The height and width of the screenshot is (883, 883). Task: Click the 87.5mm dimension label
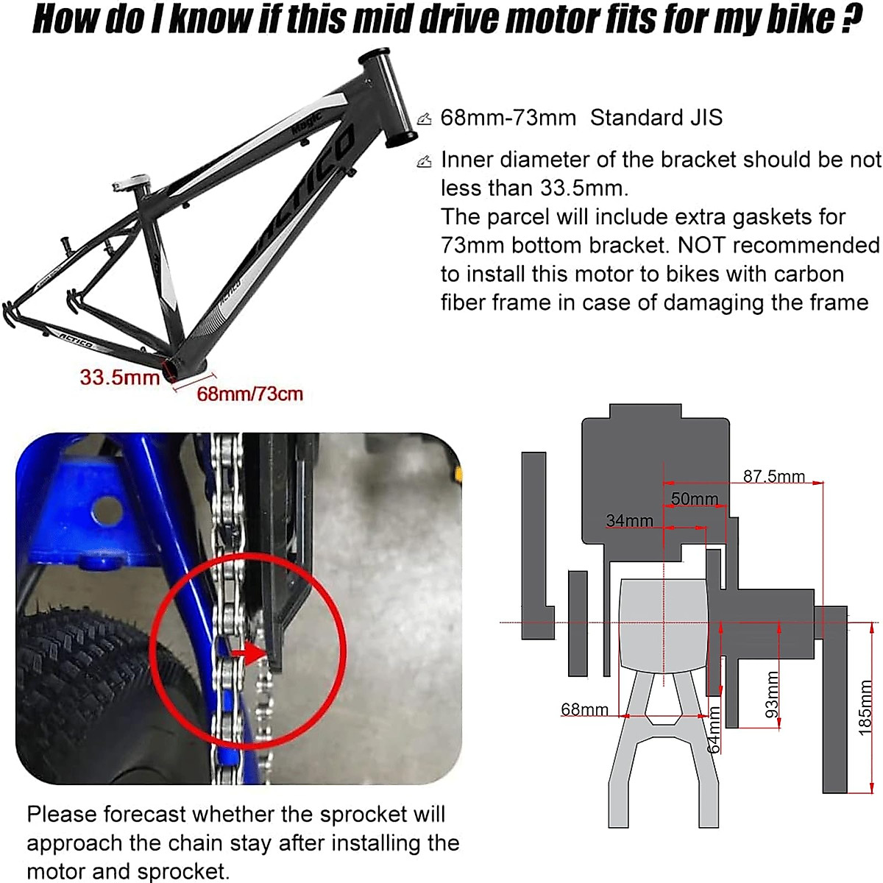pyautogui.click(x=773, y=476)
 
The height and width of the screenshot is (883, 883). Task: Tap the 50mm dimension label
pyautogui.click(x=694, y=499)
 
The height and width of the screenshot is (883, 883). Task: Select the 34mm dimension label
pyautogui.click(x=629, y=521)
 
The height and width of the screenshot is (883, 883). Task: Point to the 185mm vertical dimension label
pyautogui.click(x=865, y=707)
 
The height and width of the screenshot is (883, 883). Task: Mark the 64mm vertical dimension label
pyautogui.click(x=713, y=729)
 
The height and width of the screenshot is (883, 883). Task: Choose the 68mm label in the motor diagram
pyautogui.click(x=584, y=709)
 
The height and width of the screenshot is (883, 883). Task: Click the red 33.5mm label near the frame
pyautogui.click(x=119, y=377)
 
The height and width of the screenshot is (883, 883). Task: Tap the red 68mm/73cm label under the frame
pyautogui.click(x=249, y=394)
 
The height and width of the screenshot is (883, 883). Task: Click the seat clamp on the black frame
pyautogui.click(x=132, y=182)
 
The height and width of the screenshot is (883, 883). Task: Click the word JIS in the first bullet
pyautogui.click(x=703, y=118)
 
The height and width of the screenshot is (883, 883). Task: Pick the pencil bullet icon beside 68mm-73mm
pyautogui.click(x=425, y=118)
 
